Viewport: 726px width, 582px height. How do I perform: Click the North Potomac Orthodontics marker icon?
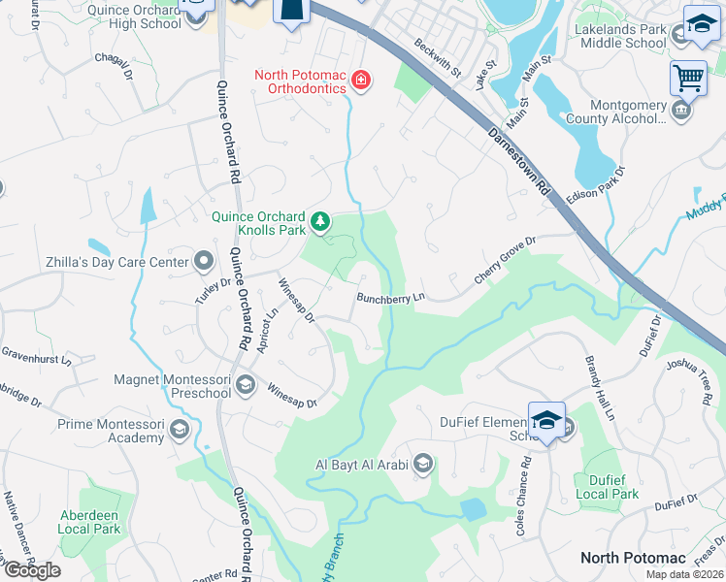tap(361, 80)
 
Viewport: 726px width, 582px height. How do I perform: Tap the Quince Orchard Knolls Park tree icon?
tap(320, 224)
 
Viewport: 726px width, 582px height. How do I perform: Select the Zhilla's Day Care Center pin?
tap(204, 260)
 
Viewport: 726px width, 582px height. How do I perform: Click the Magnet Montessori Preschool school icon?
tap(246, 386)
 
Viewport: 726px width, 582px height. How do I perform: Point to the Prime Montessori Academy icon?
tap(179, 429)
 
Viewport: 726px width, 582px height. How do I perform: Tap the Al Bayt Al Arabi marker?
tap(422, 463)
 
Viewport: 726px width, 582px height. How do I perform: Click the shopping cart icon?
tap(688, 77)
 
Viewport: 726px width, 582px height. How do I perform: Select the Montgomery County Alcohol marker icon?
tap(682, 111)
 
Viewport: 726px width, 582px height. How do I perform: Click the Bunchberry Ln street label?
tap(391, 299)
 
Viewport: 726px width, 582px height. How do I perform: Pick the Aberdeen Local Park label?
tap(88, 522)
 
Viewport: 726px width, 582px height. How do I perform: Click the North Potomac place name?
tap(633, 558)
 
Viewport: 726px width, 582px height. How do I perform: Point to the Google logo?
tap(32, 570)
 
